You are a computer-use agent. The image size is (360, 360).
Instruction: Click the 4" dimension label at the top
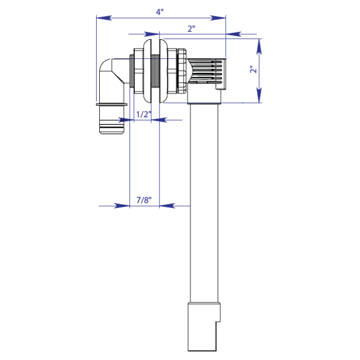(x=160, y=11)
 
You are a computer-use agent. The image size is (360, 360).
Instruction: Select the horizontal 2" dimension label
(x=191, y=29)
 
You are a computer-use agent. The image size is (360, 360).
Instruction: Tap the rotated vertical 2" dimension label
(x=252, y=70)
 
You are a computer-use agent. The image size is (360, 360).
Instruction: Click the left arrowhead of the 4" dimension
(x=103, y=17)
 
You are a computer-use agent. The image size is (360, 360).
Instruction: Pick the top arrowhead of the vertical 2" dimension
(x=259, y=45)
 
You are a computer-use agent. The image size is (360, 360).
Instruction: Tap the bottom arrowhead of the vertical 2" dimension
(x=259, y=96)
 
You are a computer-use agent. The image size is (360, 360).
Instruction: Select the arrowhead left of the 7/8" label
(x=122, y=206)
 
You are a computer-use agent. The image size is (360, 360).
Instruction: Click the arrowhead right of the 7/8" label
(x=167, y=206)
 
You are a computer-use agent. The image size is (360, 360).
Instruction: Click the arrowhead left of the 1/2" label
(x=128, y=120)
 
